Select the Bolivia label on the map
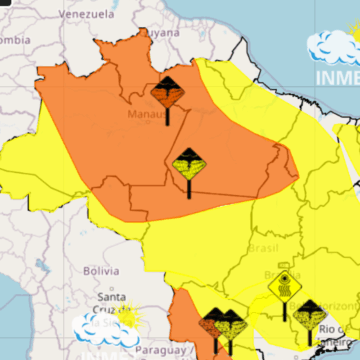click(101, 270)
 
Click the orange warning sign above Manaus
click(166, 95)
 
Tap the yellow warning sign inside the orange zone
click(188, 163)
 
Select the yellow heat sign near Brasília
click(285, 288)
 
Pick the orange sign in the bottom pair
click(213, 325)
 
